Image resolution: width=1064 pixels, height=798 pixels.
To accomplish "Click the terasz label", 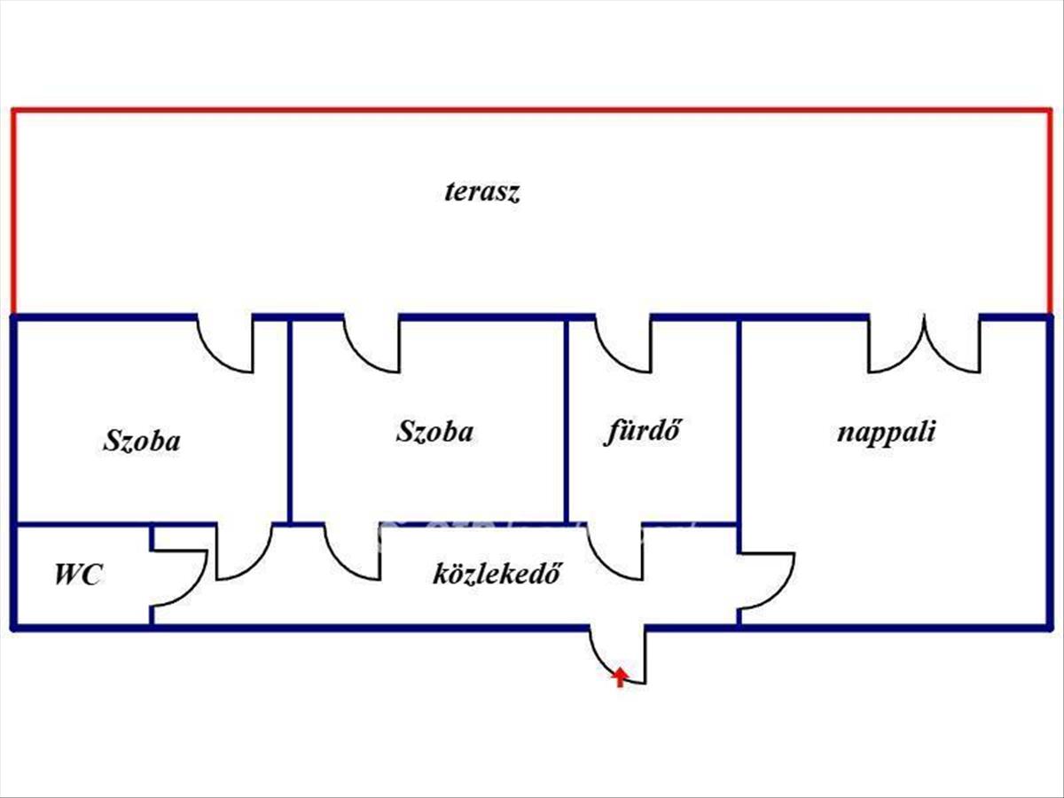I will coord(481,192).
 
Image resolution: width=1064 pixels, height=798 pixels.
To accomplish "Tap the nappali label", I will coord(887,434).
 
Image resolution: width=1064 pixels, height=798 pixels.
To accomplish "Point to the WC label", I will coord(78,575).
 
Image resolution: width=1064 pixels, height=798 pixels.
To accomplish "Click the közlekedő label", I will coord(498,575).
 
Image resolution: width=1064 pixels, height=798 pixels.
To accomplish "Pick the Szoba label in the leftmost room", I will coord(142,441).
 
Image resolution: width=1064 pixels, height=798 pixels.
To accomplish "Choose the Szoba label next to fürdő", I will coord(434,433).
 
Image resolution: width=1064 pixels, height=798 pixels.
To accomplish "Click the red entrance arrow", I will coord(620,677).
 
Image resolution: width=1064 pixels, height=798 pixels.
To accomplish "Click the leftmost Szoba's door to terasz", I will coord(225,344).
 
